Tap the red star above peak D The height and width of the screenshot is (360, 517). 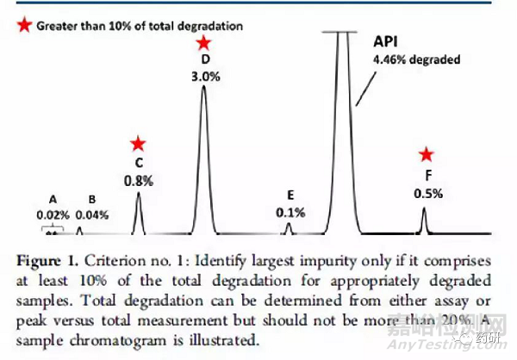pos(202,43)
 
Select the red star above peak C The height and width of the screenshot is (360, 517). pos(138,145)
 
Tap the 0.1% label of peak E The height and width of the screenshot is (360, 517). pos(290,212)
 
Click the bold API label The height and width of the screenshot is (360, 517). pos(385,42)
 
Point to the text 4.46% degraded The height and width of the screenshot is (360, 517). pos(417,60)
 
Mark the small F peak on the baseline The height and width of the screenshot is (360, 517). pos(423,221)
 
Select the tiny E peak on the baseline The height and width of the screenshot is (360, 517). pos(289,228)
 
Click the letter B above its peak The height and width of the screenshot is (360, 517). pos(84,197)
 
